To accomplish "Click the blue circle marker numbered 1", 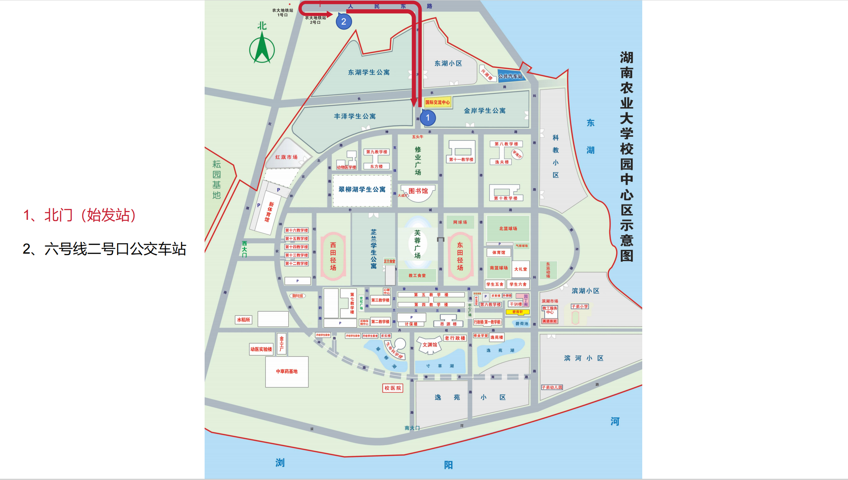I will (x=428, y=118).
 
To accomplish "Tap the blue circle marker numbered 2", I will (x=344, y=22).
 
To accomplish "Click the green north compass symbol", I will (x=262, y=48).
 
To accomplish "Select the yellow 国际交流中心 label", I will (x=437, y=102).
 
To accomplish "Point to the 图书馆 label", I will (x=418, y=191).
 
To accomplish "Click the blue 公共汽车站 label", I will (x=510, y=76).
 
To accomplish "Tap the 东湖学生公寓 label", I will (x=369, y=72).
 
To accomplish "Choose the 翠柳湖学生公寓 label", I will (x=362, y=189).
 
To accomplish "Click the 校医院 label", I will (x=393, y=388).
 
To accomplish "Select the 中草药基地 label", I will (x=287, y=371).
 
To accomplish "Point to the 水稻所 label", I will (x=243, y=320).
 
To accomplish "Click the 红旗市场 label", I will (x=286, y=157).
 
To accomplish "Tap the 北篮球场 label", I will (x=508, y=229).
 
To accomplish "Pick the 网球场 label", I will (x=460, y=222).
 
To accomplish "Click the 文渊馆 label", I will (x=430, y=345).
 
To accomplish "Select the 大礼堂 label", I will (x=521, y=269).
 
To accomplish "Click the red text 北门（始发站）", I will (x=79, y=215).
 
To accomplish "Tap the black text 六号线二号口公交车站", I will (x=104, y=249).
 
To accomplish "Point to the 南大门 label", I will (x=412, y=428).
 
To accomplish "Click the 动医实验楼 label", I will (x=261, y=349).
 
